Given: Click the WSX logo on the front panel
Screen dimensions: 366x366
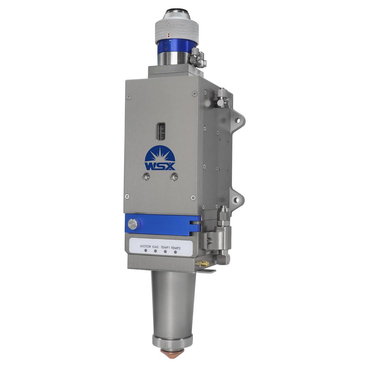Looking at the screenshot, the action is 160,158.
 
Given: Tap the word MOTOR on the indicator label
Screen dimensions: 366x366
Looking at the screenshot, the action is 145,246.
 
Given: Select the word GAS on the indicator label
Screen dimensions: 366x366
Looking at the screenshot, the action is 155,246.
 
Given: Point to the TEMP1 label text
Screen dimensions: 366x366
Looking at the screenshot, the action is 165,247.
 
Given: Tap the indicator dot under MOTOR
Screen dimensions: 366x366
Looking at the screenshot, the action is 146,251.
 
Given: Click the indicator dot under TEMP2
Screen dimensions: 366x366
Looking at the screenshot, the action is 176,252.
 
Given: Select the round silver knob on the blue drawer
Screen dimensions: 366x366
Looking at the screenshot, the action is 132,224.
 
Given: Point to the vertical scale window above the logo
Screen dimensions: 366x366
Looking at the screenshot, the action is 161,131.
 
